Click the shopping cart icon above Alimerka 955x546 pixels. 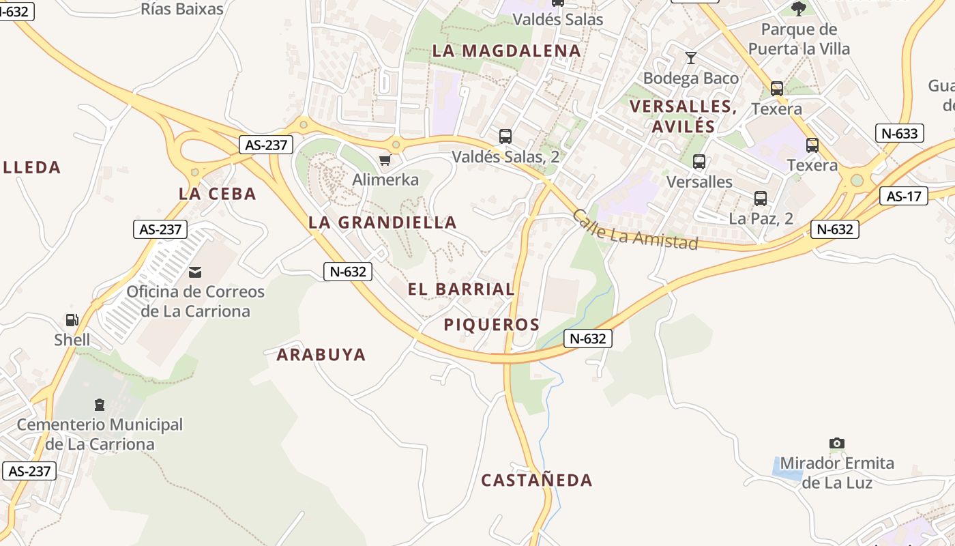(385, 160)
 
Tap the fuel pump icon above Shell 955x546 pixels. (72, 319)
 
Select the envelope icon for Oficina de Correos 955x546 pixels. (196, 272)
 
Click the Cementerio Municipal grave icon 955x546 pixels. (100, 405)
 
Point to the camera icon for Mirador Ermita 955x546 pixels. (837, 444)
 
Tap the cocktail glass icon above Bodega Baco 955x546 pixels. (691, 58)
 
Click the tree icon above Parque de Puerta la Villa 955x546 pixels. (799, 9)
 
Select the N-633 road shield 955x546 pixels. (899, 133)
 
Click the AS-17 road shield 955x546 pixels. (904, 197)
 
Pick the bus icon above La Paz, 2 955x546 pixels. (761, 199)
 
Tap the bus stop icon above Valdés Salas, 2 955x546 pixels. (505, 136)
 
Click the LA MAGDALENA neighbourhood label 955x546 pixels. (506, 51)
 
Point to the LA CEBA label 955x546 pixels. (217, 194)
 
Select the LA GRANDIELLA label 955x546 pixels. (382, 222)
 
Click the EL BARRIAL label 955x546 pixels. (461, 289)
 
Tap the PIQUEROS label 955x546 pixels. (491, 325)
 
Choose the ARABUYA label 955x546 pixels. (321, 355)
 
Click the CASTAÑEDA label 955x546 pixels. (537, 480)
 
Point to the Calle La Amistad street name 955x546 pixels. (634, 230)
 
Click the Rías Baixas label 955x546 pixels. (182, 9)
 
